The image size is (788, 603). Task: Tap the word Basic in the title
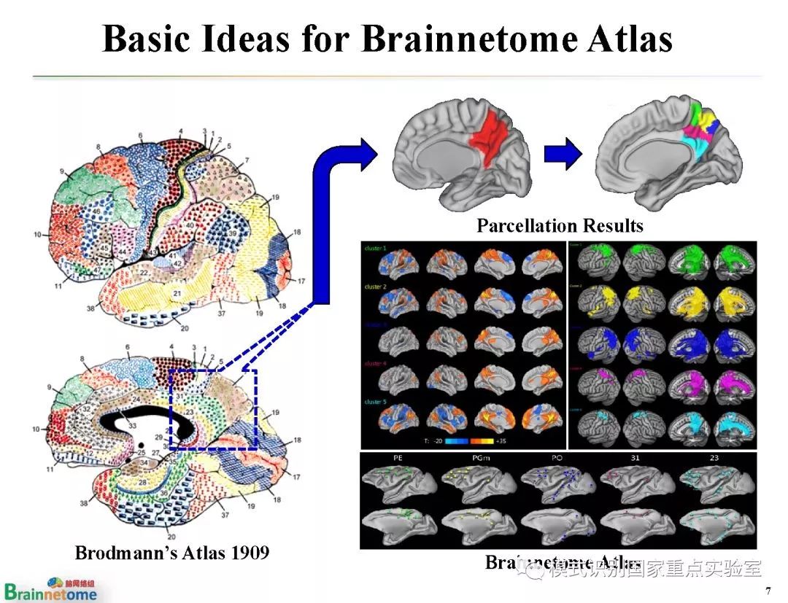coord(147,38)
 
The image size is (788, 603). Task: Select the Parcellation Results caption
coord(560,225)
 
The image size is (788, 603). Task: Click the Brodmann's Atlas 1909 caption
coord(172,553)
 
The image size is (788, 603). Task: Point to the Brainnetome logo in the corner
coord(50,588)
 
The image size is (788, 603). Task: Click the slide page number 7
coord(768,590)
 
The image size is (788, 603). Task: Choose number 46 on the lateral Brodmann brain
coord(96,211)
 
